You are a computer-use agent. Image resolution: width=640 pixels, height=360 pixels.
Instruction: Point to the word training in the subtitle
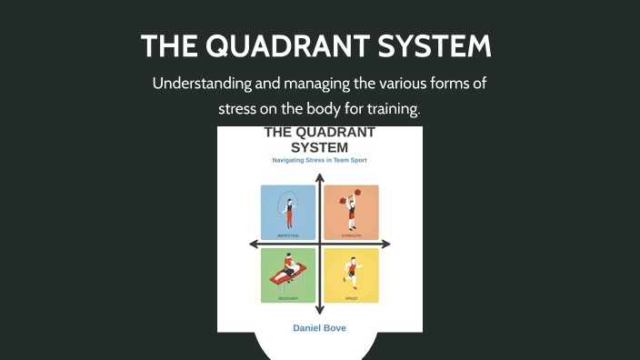[x=392, y=108]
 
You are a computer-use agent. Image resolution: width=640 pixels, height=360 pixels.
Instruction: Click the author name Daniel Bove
[x=319, y=327]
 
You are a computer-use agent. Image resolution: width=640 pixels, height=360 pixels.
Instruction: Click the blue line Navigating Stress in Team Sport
[x=319, y=160]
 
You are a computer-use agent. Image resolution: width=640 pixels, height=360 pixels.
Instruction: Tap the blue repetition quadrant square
[x=288, y=212]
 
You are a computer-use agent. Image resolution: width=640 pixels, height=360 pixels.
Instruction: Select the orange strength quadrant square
[x=351, y=212]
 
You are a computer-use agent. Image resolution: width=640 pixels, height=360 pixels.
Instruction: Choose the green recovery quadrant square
[x=288, y=275]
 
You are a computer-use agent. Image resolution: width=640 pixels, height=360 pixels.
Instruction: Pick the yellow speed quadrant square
[x=351, y=275]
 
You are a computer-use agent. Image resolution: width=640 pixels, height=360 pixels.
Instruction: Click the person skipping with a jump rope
[x=289, y=210]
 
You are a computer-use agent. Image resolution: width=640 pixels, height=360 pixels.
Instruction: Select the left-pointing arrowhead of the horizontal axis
[x=254, y=244]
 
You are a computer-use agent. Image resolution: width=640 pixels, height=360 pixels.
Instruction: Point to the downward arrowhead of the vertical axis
[x=319, y=311]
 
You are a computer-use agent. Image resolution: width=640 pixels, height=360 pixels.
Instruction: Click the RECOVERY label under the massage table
[x=288, y=298]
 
